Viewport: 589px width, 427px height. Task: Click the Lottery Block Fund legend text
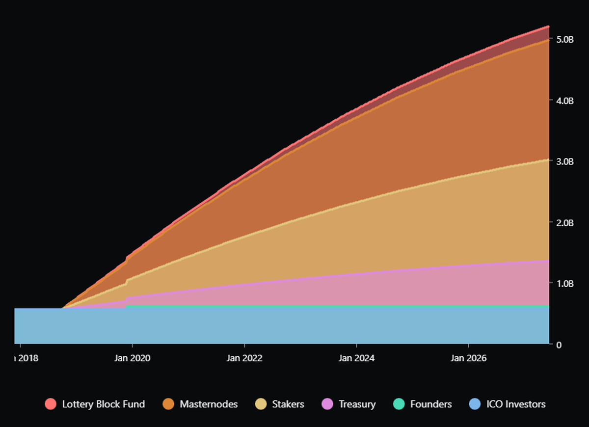(104, 404)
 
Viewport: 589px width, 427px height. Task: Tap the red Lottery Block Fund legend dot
(51, 404)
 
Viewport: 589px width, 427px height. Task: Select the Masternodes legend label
(209, 404)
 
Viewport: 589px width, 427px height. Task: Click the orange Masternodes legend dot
(168, 404)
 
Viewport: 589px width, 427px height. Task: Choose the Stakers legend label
(288, 404)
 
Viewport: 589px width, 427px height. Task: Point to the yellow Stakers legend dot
(261, 404)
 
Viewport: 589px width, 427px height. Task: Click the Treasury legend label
(357, 404)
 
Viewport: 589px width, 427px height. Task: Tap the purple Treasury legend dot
(327, 404)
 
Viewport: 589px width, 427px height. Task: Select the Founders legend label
(431, 404)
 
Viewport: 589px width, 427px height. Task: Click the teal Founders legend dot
(399, 404)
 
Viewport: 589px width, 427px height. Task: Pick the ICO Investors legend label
(516, 404)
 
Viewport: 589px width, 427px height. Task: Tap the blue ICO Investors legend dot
(475, 404)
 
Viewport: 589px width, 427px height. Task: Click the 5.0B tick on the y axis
(564, 39)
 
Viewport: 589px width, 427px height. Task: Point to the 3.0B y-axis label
(564, 161)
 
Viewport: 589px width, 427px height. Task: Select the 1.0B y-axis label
(564, 283)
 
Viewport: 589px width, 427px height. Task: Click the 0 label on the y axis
(558, 345)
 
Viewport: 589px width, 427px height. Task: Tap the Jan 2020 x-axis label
(132, 358)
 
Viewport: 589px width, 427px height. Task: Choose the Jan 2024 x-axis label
(356, 358)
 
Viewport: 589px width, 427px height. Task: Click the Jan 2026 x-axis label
(468, 358)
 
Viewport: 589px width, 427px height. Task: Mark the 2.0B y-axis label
(564, 222)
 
